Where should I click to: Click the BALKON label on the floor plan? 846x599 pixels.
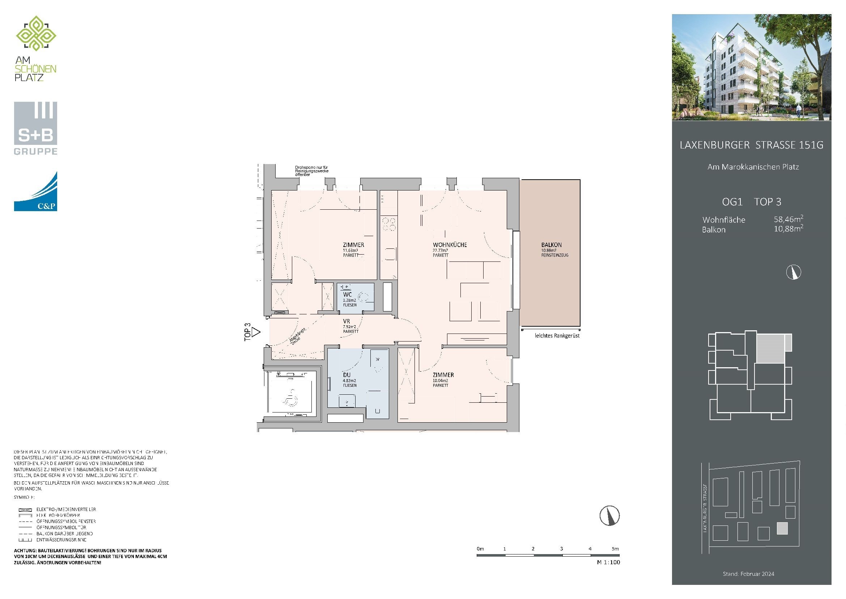[x=551, y=245]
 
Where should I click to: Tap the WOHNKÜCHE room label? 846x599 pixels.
[x=450, y=245]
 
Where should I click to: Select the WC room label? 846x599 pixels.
[x=347, y=295]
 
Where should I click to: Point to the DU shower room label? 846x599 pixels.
[x=347, y=375]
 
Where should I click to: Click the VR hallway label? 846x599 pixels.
[x=346, y=322]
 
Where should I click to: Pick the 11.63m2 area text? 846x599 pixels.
[x=350, y=251]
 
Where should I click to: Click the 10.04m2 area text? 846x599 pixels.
[x=440, y=381]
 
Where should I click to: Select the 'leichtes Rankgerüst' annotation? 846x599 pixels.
[x=557, y=336]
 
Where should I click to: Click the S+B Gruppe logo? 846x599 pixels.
[x=35, y=128]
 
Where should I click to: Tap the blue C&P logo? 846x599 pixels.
[x=35, y=192]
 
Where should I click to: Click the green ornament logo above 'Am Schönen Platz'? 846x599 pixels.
[x=36, y=34]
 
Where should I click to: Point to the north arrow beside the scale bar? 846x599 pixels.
[x=609, y=516]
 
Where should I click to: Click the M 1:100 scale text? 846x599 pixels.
[x=608, y=562]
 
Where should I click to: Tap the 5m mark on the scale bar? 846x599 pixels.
[x=615, y=549]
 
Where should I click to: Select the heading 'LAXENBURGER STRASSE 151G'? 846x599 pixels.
[x=751, y=145]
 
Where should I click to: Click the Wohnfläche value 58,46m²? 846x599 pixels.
[x=788, y=219]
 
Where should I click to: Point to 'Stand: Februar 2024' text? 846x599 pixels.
[x=748, y=574]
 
